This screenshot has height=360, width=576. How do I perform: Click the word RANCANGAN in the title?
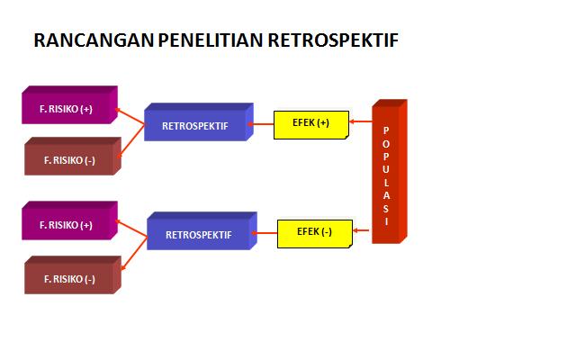(94, 40)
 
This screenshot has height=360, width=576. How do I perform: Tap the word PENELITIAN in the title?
(211, 40)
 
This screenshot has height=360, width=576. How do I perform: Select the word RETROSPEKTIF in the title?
(333, 40)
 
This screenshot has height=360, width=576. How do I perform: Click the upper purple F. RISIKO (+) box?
(70, 105)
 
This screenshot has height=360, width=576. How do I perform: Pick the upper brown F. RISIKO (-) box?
(73, 156)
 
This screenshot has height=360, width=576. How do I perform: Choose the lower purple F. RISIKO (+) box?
(70, 220)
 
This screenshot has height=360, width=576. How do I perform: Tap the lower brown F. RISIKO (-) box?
(73, 274)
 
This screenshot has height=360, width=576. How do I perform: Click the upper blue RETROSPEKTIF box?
(199, 122)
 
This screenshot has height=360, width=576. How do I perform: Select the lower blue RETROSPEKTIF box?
(202, 230)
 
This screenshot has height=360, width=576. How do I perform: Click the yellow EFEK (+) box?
(311, 125)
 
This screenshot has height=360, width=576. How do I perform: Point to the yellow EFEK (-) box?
(315, 234)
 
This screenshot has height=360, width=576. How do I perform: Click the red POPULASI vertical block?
(390, 172)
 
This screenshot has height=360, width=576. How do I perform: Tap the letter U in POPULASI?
(386, 169)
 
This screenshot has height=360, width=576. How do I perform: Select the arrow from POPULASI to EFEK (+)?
(360, 121)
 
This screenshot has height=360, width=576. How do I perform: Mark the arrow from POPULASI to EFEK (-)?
(361, 230)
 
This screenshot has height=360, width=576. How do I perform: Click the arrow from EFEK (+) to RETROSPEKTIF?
(261, 124)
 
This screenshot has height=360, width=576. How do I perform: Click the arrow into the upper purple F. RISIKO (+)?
(130, 116)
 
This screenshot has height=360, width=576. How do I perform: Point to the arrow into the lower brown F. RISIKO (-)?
(134, 254)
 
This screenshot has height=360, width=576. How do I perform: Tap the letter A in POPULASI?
(386, 196)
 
